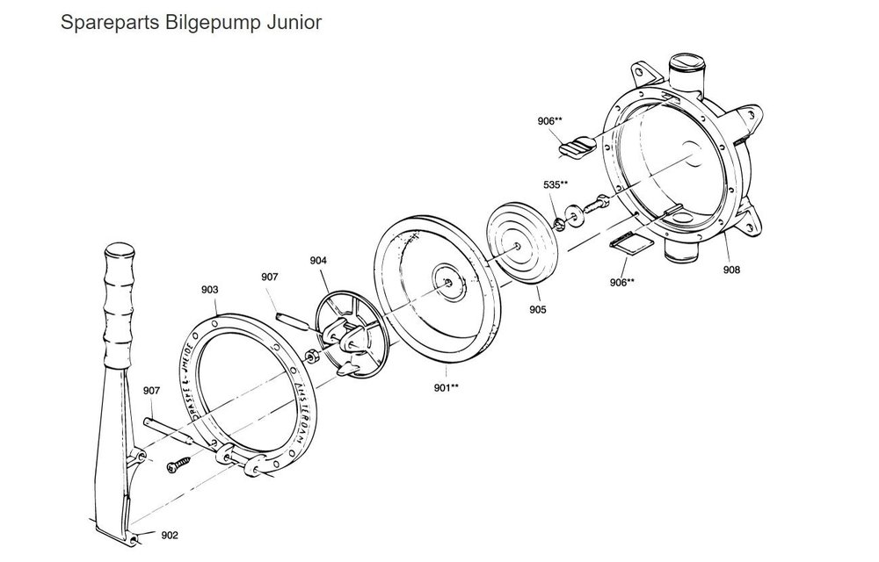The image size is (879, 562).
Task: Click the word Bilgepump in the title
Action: point(200,21)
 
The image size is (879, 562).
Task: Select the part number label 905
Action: point(538,310)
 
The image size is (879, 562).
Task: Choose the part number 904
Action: point(318,260)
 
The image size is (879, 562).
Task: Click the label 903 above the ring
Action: point(210,289)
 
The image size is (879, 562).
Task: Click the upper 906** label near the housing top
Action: point(551,120)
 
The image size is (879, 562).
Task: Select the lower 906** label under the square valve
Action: point(623,282)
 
